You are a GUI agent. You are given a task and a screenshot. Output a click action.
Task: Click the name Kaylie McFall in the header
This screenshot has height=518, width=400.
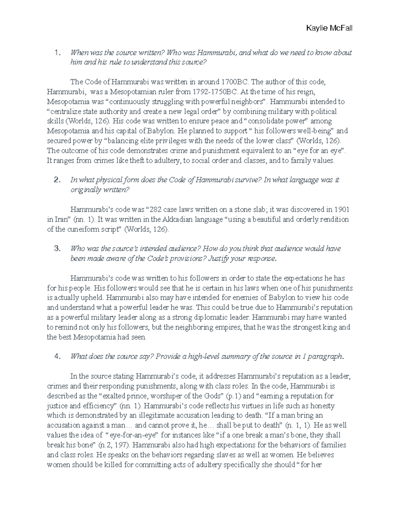[329, 28]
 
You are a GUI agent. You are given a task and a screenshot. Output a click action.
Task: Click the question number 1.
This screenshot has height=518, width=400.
[58, 53]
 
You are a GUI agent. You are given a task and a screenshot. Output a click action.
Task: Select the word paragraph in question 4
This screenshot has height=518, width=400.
[326, 357]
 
